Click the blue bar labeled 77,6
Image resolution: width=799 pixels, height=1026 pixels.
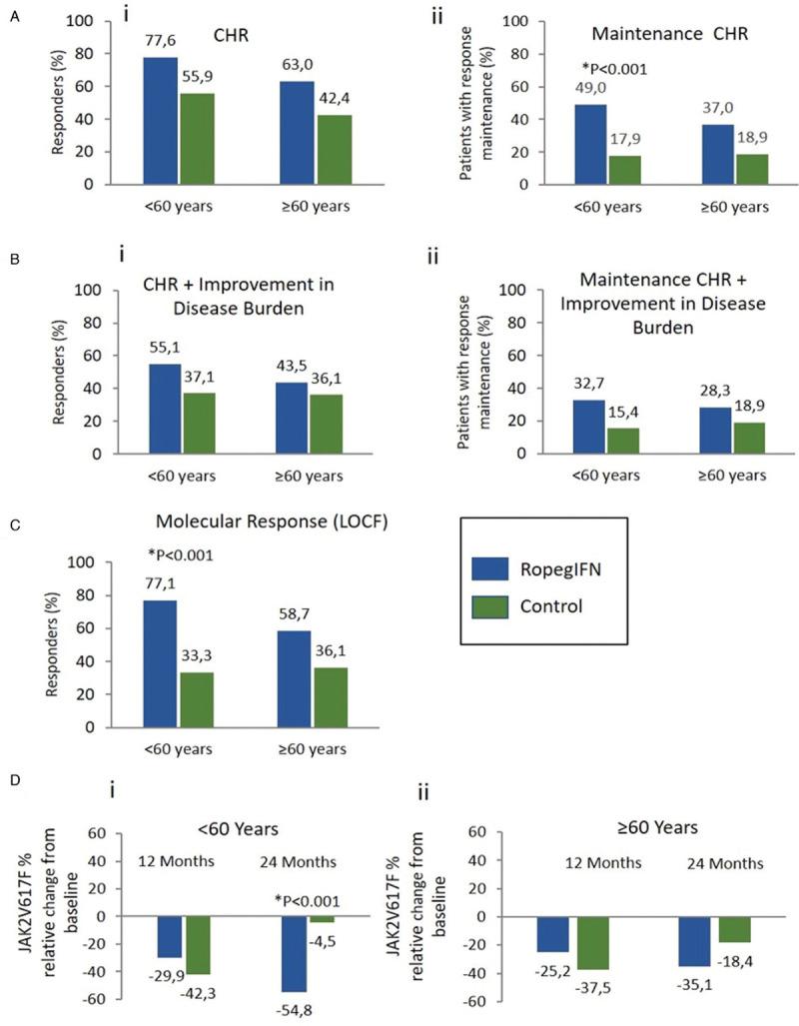pos(161,121)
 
